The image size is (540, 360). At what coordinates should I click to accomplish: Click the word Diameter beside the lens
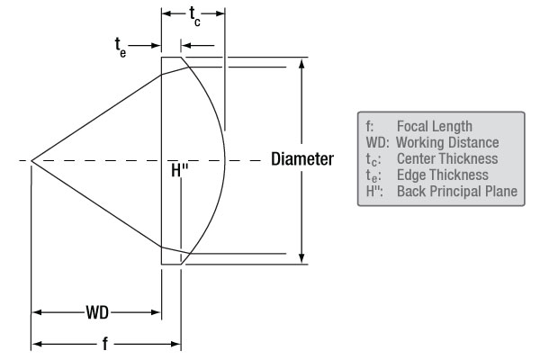click(x=302, y=159)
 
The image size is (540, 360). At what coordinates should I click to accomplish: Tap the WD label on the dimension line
click(x=97, y=313)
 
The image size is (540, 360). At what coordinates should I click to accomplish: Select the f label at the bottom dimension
click(x=105, y=344)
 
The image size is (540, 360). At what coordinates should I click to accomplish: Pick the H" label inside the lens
click(x=179, y=170)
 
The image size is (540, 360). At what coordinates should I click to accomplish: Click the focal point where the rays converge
click(x=31, y=161)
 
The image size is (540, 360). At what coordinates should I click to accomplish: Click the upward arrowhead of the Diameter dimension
click(x=301, y=65)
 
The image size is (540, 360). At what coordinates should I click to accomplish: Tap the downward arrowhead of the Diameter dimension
click(x=301, y=257)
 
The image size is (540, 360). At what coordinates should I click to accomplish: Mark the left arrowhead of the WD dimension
click(x=38, y=313)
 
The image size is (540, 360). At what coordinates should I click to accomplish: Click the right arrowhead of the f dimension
click(x=176, y=344)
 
